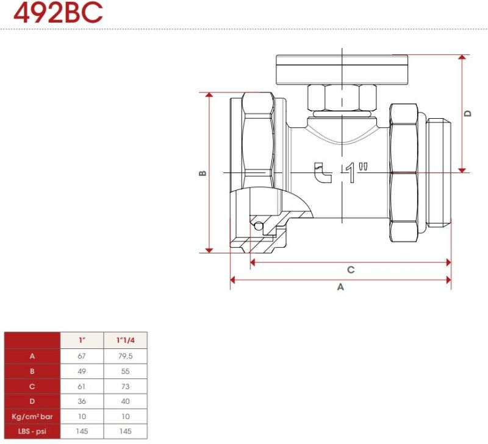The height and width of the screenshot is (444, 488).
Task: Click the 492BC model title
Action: pos(58,12)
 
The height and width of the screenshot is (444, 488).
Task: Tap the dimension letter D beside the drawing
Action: pos(468,113)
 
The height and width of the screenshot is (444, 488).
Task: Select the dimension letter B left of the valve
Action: pos(203,173)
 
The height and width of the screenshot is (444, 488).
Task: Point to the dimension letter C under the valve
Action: pos(351,270)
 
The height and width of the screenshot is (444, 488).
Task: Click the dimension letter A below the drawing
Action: pos(341,287)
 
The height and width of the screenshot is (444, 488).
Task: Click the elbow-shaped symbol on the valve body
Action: pos(323,172)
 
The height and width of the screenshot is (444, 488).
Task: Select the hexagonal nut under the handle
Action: pos(342,97)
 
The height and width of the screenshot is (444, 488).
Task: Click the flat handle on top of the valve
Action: pos(342,69)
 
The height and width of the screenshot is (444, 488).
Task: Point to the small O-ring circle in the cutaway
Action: pos(258,226)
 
